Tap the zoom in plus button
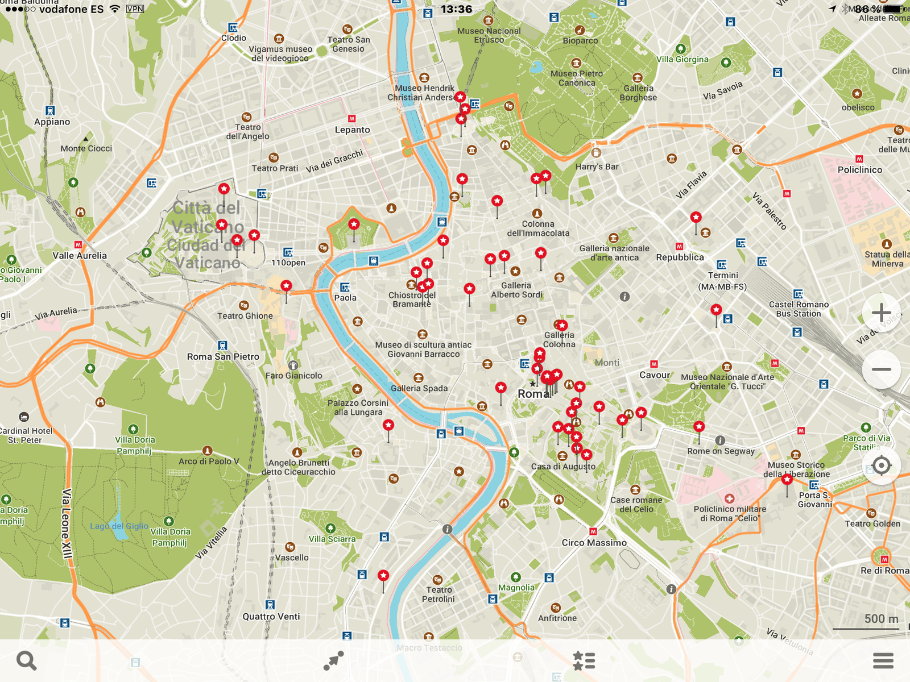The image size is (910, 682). click(881, 313)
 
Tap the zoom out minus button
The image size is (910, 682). click(881, 369)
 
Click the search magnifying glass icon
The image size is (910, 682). click(26, 660)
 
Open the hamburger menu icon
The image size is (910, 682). click(883, 660)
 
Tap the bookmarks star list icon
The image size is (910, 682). click(584, 660)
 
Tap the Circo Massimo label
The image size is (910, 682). click(594, 543)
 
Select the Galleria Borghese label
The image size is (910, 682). click(638, 93)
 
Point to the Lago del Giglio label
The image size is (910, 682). click(119, 526)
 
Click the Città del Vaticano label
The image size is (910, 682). click(207, 235)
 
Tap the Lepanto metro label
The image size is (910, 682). click(352, 130)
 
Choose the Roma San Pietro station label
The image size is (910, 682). click(223, 357)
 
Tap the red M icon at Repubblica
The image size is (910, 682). click(679, 247)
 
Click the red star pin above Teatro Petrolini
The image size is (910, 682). click(383, 576)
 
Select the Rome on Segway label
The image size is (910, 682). click(721, 451)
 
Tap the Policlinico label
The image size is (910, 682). click(859, 170)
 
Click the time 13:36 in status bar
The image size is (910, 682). click(456, 9)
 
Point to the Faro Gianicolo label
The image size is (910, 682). click(293, 376)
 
